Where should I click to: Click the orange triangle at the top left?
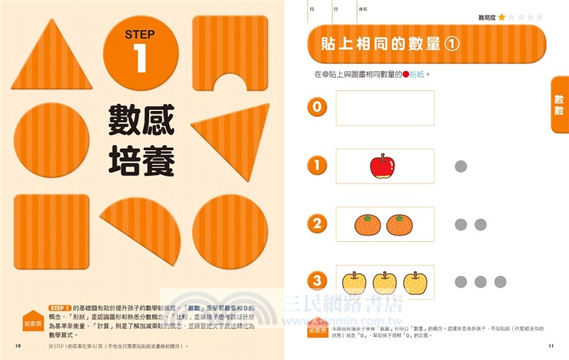pyautogui.click(x=51, y=58)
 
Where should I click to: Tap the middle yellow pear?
pyautogui.click(x=384, y=282)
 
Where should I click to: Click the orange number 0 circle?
pyautogui.click(x=317, y=108)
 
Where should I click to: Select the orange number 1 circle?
pyautogui.click(x=317, y=166)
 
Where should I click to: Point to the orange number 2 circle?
pyautogui.click(x=317, y=224)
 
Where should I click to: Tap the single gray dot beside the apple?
pyautogui.click(x=460, y=166)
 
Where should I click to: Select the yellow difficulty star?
pyautogui.click(x=501, y=17)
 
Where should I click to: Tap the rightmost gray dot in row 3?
pyautogui.click(x=500, y=282)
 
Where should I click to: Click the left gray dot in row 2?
pyautogui.click(x=460, y=224)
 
